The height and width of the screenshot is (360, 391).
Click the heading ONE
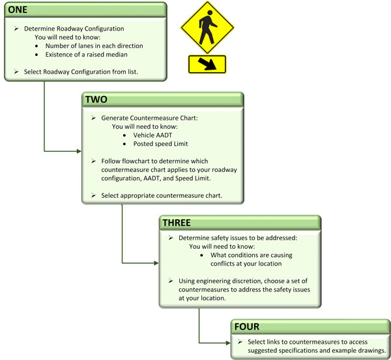[18, 10]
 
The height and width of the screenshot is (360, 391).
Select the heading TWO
[96, 100]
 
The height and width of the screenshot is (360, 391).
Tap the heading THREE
[177, 223]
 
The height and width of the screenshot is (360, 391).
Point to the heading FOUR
[246, 326]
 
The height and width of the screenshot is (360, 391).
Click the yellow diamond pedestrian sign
[207, 27]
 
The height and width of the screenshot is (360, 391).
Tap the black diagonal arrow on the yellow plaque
[207, 64]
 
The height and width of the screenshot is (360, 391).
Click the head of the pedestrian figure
[210, 13]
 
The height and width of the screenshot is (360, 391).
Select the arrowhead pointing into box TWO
[80, 151]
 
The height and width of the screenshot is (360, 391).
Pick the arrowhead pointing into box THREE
[156, 263]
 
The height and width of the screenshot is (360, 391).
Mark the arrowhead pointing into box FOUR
[228, 343]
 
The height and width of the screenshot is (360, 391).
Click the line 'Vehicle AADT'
[152, 135]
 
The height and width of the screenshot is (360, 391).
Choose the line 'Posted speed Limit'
[160, 144]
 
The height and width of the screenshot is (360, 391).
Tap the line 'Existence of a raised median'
[86, 55]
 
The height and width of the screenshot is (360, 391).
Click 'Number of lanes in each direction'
[94, 46]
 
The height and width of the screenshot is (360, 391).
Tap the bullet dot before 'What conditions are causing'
[201, 255]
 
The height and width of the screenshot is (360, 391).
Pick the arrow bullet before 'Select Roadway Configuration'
[16, 72]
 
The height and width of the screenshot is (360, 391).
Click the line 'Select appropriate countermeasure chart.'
[162, 195]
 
